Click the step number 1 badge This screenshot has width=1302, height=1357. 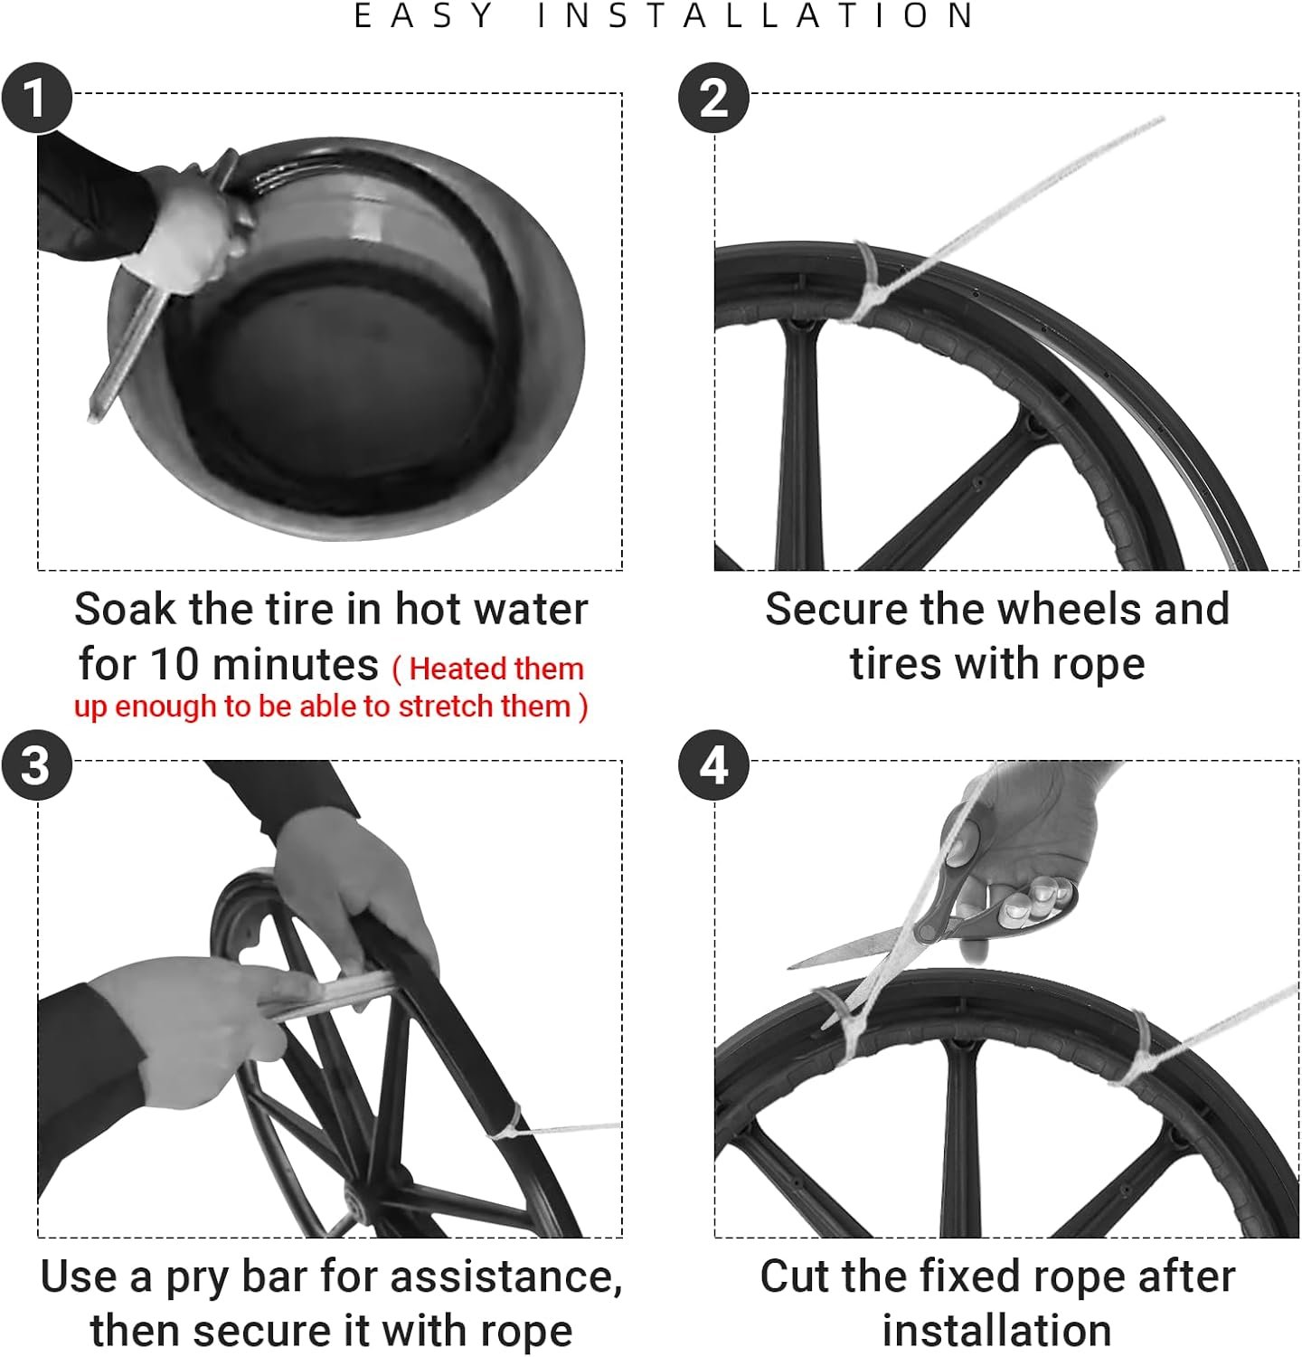pos(36,98)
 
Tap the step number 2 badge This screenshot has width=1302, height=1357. pos(713,98)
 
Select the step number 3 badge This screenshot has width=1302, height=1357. pos(36,765)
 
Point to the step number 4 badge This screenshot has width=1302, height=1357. pos(713,765)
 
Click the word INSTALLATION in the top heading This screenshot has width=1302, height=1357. pos(756,16)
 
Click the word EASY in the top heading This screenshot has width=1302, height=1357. pos(424,16)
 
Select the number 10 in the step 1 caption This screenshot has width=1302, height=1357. pos(175,664)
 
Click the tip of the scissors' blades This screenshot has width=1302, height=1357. pos(788,966)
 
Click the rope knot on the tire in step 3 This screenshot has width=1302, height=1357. pos(509,1125)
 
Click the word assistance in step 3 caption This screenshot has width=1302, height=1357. pos(505,1276)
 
